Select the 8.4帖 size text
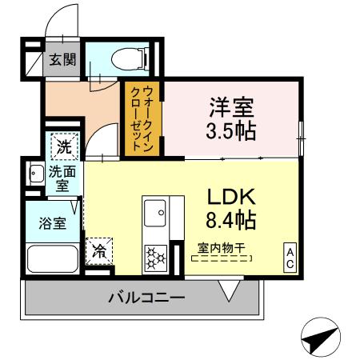(x=231, y=218)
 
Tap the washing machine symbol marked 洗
(x=62, y=147)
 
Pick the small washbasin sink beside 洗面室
(x=35, y=174)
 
